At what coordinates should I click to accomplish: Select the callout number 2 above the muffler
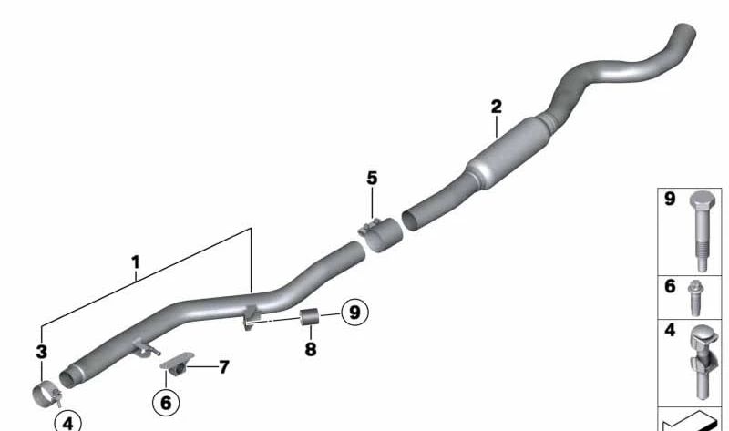[x=496, y=107]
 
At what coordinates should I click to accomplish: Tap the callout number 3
[x=40, y=352]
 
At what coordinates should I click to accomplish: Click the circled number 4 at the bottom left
[x=67, y=422]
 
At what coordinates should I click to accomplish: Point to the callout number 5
[x=372, y=178]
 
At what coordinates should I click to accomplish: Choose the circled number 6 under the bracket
[x=165, y=401]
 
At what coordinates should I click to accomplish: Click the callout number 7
[x=223, y=367]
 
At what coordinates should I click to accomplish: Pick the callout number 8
[x=310, y=349]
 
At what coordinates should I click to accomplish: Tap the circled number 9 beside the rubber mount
[x=354, y=312]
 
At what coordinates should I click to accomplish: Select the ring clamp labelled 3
[x=42, y=395]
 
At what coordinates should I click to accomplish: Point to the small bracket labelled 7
[x=175, y=364]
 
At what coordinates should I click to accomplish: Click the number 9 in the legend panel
[x=669, y=199]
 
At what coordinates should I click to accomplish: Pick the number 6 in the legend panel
[x=669, y=286]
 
